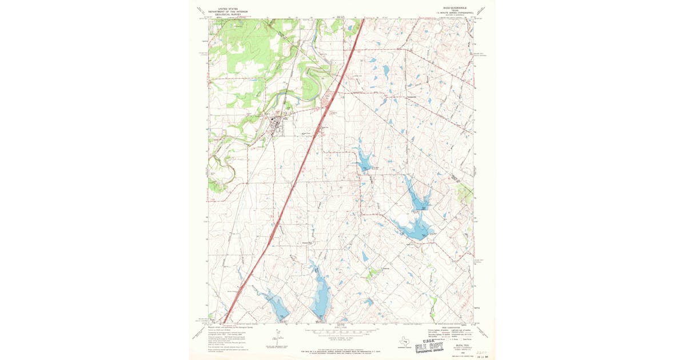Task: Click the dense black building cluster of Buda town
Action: (x=278, y=124)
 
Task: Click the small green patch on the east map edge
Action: (x=466, y=195)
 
